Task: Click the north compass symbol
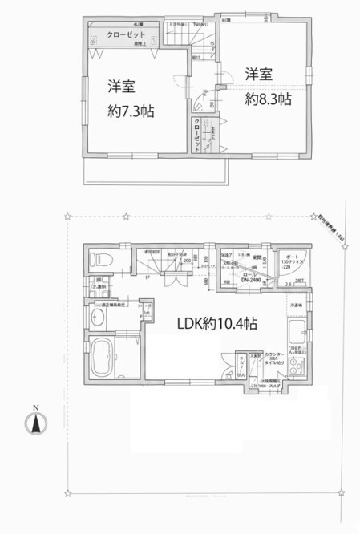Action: pyautogui.click(x=35, y=424)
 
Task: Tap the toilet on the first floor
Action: pyautogui.click(x=99, y=259)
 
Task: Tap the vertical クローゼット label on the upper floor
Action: pyautogui.click(x=196, y=137)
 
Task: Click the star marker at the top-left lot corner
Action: pyautogui.click(x=70, y=215)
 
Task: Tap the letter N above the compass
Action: pyautogui.click(x=35, y=407)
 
